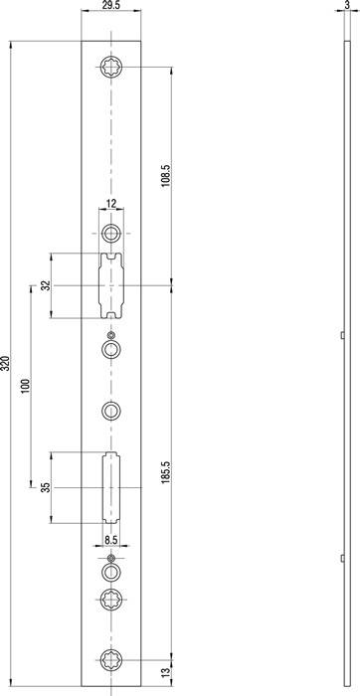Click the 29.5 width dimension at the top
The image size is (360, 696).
[x=111, y=7]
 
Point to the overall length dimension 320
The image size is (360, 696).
[x=7, y=363]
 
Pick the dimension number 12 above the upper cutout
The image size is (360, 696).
[x=110, y=205]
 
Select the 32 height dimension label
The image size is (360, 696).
[x=46, y=286]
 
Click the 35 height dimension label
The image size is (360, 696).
[x=46, y=488]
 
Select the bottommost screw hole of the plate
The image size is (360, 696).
[x=111, y=656]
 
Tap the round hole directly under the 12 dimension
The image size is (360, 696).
[x=111, y=234]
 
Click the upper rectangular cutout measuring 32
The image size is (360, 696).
[x=111, y=285]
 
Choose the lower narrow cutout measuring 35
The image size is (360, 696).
[x=110, y=488]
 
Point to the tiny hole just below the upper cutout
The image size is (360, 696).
[x=111, y=333]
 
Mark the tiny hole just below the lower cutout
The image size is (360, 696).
[x=111, y=559]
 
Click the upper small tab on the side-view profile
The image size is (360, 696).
[x=342, y=336]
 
